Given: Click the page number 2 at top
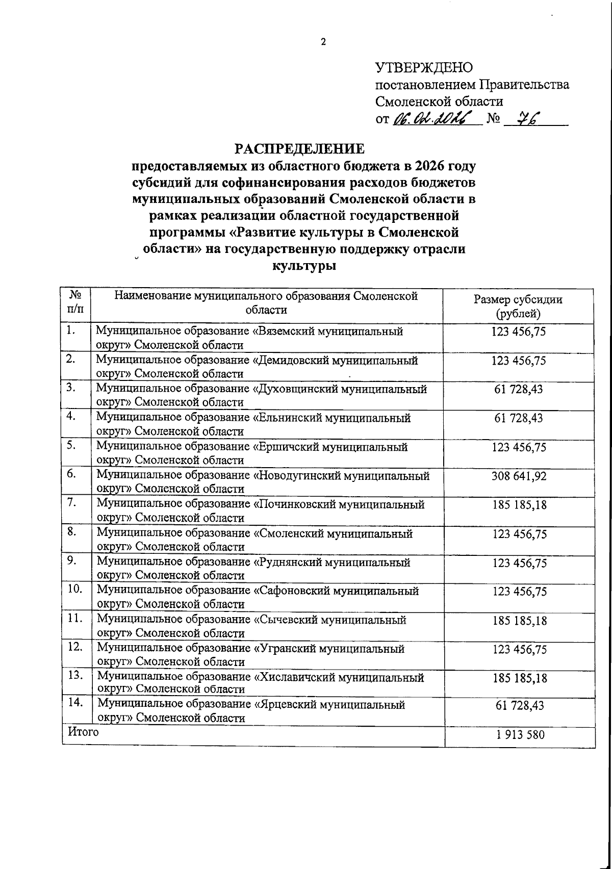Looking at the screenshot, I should (323, 42).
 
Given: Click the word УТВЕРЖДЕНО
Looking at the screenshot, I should (424, 67).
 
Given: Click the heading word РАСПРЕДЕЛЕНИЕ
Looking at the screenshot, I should (300, 149).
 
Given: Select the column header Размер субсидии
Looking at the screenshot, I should (518, 299).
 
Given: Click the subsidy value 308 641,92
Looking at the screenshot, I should (519, 476).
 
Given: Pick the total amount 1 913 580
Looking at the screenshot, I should (520, 735).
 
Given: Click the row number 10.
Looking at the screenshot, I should (75, 589).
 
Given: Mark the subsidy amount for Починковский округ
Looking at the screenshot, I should (519, 505).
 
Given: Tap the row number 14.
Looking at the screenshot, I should (75, 702).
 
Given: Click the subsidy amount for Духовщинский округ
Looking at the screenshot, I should (519, 389).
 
